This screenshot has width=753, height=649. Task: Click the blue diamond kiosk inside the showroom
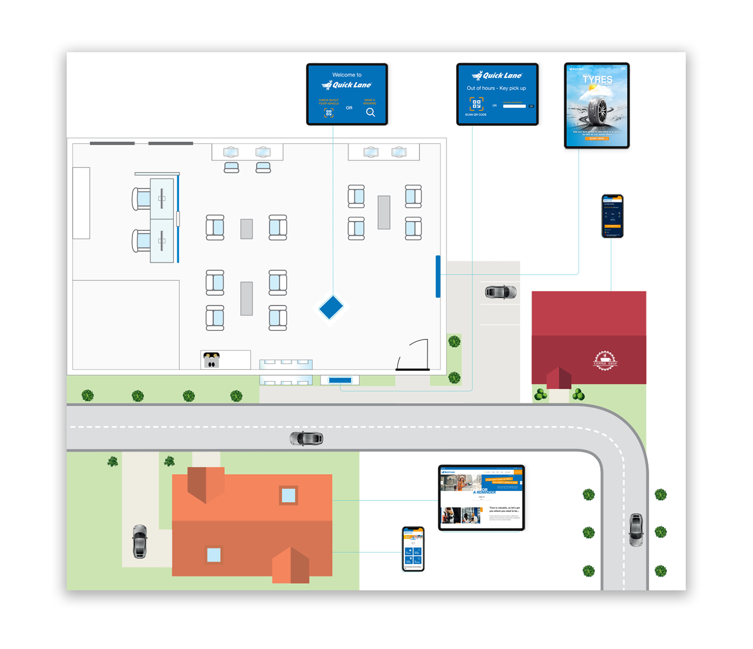pyautogui.click(x=331, y=308)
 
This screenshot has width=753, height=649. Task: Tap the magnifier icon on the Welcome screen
pyautogui.click(x=371, y=112)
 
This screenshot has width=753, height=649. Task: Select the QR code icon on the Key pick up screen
pyautogui.click(x=476, y=103)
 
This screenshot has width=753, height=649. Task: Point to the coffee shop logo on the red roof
pyautogui.click(x=605, y=361)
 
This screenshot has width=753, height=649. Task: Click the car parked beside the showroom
pyautogui.click(x=501, y=292)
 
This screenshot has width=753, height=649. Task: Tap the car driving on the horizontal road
pyautogui.click(x=307, y=439)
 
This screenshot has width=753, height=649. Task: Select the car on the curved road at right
pyautogui.click(x=636, y=530)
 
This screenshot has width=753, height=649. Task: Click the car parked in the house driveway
pyautogui.click(x=140, y=541)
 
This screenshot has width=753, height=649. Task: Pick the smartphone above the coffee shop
pyautogui.click(x=612, y=216)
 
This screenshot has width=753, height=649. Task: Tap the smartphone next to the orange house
pyautogui.click(x=413, y=548)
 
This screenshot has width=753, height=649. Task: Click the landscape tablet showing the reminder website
pyautogui.click(x=481, y=498)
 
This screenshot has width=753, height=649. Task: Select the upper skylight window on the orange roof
pyautogui.click(x=288, y=496)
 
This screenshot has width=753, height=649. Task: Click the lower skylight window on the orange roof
pyautogui.click(x=214, y=555)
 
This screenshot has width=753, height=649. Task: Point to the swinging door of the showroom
pyautogui.click(x=414, y=355)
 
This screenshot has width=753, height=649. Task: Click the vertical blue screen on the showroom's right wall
pyautogui.click(x=438, y=276)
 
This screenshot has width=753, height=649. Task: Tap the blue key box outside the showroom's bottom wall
pyautogui.click(x=340, y=380)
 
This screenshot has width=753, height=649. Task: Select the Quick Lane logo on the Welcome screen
pyautogui.click(x=347, y=85)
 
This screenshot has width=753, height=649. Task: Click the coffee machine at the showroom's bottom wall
pyautogui.click(x=211, y=359)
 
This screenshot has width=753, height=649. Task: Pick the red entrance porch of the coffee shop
pyautogui.click(x=559, y=378)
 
